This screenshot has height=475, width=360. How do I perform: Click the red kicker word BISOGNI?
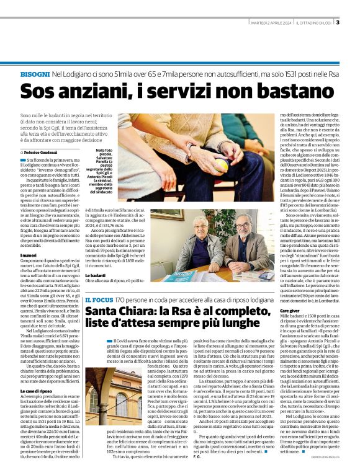point(35,74)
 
